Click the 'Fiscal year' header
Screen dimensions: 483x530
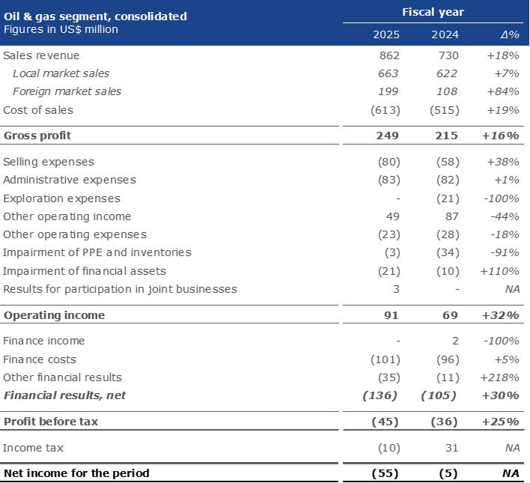[433, 12]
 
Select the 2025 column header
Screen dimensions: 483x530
[386, 34]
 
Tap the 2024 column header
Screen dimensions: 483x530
[445, 34]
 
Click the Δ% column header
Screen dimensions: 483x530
[509, 34]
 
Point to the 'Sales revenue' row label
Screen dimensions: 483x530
[41, 55]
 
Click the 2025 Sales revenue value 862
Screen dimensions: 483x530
[389, 55]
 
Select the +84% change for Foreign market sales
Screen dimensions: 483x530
[503, 91]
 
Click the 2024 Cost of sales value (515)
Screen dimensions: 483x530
[445, 110]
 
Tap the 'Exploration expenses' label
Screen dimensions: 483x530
[61, 198]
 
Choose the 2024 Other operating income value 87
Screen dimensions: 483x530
[451, 216]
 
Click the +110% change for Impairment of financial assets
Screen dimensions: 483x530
[501, 271]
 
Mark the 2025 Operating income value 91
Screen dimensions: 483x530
[392, 315]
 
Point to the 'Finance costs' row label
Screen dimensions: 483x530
[40, 359]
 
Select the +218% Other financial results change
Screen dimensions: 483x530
[501, 377]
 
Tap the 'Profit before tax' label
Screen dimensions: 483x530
[51, 422]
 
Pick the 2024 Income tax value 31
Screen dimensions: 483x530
[451, 448]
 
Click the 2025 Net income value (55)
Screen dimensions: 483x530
[386, 473]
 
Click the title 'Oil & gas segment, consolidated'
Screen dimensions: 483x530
[95, 16]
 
